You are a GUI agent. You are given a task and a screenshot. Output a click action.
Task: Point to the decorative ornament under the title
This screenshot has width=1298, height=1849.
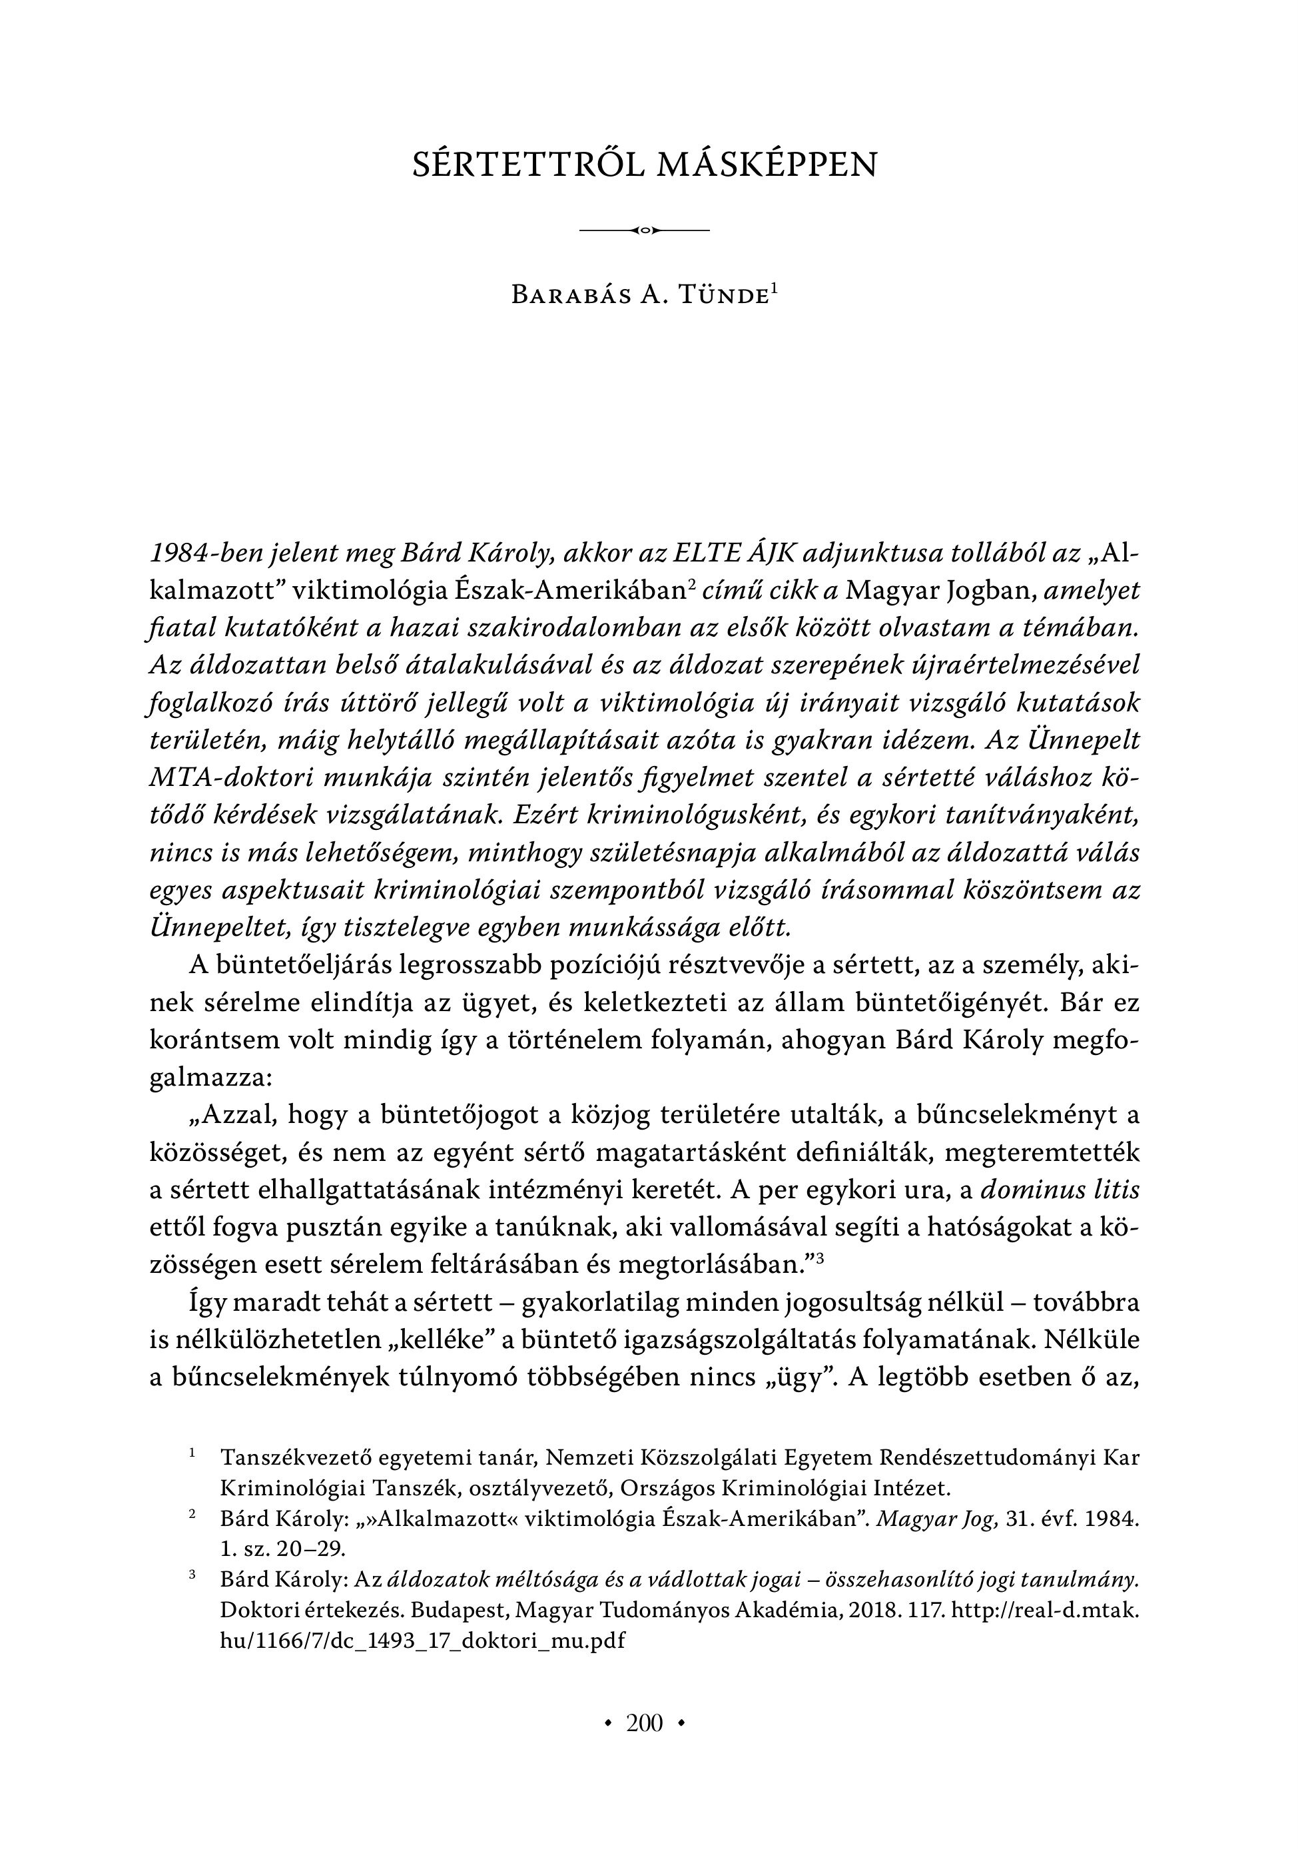pyautogui.click(x=644, y=231)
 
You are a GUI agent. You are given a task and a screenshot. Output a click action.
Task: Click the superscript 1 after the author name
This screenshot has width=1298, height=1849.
pyautogui.click(x=774, y=288)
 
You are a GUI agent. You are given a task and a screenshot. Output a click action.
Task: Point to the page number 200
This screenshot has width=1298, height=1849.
pyautogui.click(x=644, y=1723)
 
